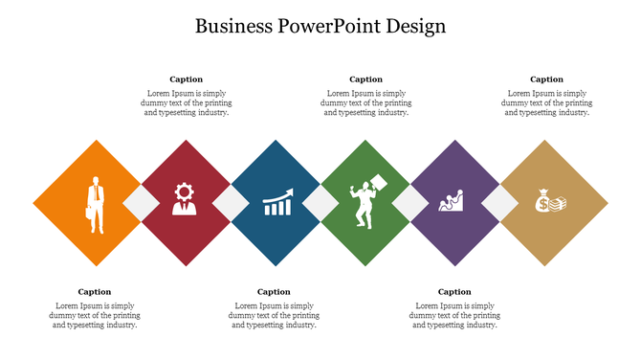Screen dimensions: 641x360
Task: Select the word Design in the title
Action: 416,26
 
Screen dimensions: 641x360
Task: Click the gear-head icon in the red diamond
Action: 184,199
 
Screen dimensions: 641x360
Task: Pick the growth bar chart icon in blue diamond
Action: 277,203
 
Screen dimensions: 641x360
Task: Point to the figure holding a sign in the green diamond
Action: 365,202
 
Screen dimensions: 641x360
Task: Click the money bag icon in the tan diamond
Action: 550,202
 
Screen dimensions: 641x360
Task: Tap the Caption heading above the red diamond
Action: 186,79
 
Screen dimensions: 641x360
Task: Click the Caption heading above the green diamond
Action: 365,79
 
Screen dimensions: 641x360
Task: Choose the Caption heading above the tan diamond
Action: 546,79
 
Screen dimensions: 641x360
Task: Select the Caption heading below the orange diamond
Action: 95,292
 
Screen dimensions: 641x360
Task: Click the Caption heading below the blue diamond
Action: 274,292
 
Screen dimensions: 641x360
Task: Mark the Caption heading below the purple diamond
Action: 454,292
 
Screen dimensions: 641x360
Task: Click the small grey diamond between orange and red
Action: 140,203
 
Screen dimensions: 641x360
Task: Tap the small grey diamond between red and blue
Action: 231,203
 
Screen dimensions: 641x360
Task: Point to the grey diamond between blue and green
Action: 320,203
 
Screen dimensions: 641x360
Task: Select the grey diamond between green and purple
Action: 410,203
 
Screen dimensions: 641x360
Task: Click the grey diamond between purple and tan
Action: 499,203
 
